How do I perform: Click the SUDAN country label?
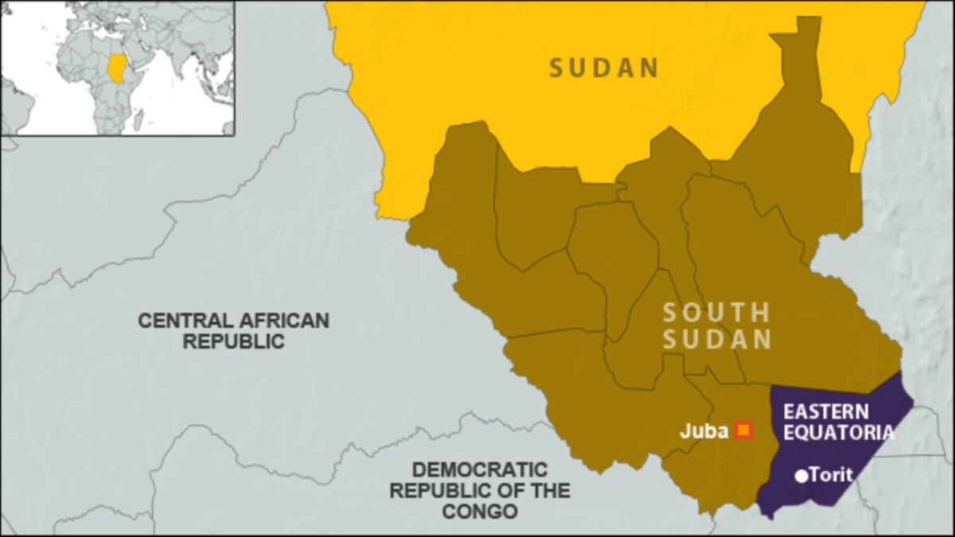point(604,68)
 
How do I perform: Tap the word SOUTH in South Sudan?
point(716,313)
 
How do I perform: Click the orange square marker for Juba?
point(744,430)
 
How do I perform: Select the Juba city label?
point(704,432)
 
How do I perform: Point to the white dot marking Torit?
point(801,477)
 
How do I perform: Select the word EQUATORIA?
point(838,434)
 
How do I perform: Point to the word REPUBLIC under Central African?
point(234,342)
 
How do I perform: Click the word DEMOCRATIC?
point(479,469)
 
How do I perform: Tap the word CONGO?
point(479,511)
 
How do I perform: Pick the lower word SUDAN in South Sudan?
point(717,340)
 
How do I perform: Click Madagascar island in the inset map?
point(138,119)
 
